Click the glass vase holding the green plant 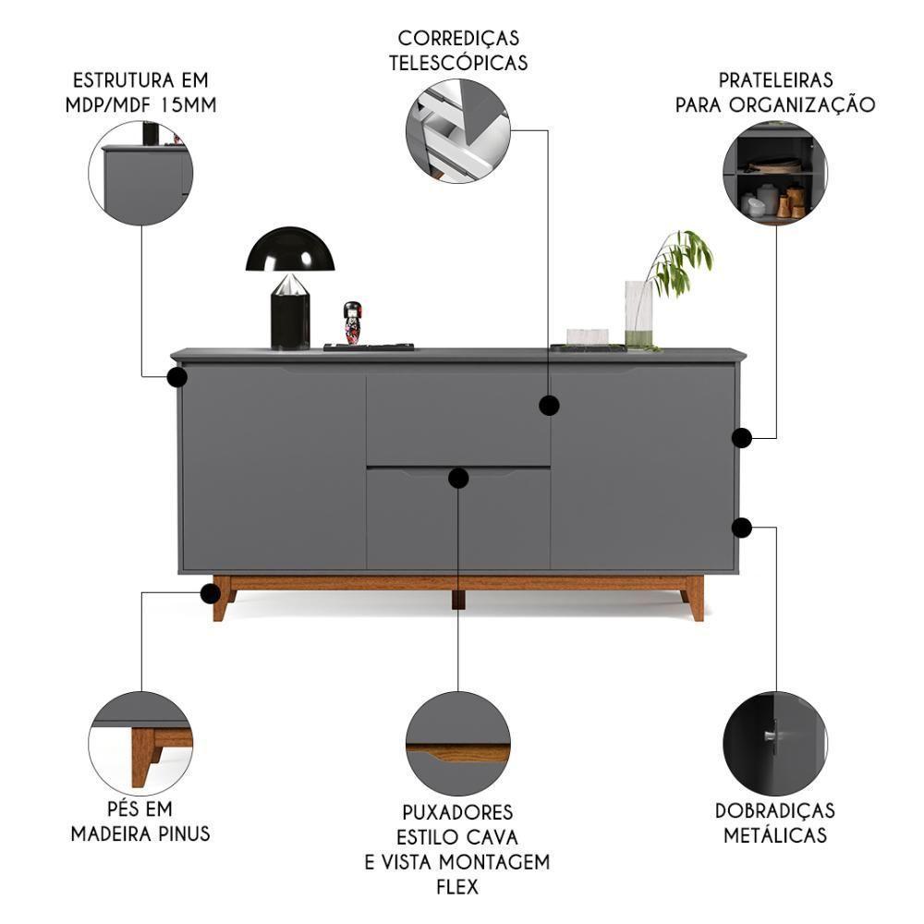pyautogui.click(x=638, y=313)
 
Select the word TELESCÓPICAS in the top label pyautogui.click(x=458, y=63)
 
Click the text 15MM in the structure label pyautogui.click(x=188, y=103)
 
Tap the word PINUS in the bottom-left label pyautogui.click(x=182, y=833)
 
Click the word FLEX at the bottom pyautogui.click(x=457, y=887)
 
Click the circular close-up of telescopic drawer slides pyautogui.click(x=458, y=130)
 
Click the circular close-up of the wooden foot pyautogui.click(x=140, y=744)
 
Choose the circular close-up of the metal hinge pyautogui.click(x=775, y=744)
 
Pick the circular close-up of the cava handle pyautogui.click(x=458, y=744)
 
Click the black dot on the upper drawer pyautogui.click(x=550, y=405)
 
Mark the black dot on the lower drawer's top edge pyautogui.click(x=458, y=478)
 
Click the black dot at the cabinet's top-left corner pyautogui.click(x=177, y=377)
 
